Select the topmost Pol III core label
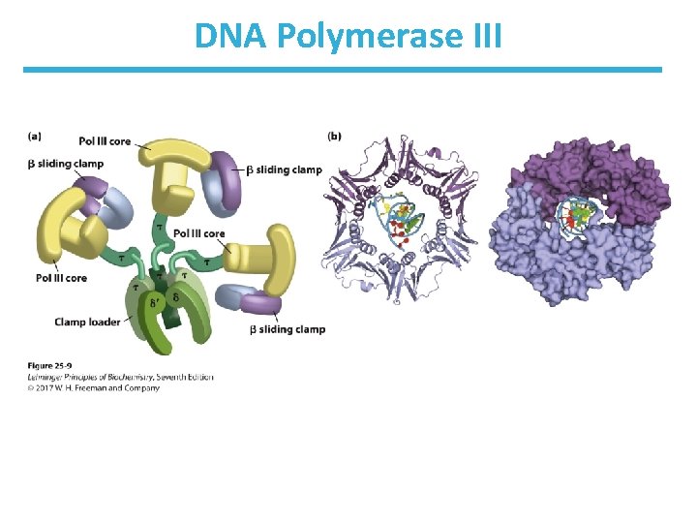(x=105, y=141)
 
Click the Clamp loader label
(x=87, y=321)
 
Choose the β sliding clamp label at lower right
(x=288, y=329)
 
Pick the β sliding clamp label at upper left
(x=66, y=164)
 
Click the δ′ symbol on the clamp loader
(x=157, y=302)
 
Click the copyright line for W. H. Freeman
(x=93, y=388)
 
